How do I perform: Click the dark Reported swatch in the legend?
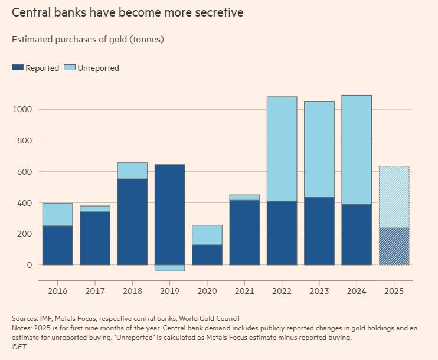tap(18, 68)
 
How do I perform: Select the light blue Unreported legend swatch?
tap(70, 68)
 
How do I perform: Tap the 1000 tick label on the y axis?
tap(22, 109)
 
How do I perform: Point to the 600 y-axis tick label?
tap(24, 172)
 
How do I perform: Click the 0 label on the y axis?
tap(30, 265)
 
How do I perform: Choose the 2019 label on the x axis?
tap(169, 291)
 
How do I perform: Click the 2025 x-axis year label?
tap(394, 291)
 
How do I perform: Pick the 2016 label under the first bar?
tap(57, 291)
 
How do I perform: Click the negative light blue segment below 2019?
tap(169, 268)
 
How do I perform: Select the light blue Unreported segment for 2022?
tap(282, 149)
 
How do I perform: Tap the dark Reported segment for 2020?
tap(207, 255)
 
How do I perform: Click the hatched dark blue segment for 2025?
tap(394, 246)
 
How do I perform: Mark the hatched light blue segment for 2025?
tap(394, 197)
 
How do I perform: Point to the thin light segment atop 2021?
tap(244, 198)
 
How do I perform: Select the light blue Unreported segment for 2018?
tap(132, 171)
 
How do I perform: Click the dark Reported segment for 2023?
tap(319, 231)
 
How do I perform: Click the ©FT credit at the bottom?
tap(19, 347)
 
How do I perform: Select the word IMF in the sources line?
tap(46, 319)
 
